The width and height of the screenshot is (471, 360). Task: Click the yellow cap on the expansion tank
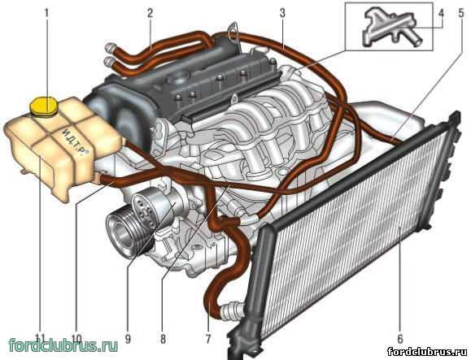point(44,106)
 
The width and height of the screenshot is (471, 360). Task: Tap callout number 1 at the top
point(46,13)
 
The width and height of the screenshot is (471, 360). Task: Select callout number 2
point(150,13)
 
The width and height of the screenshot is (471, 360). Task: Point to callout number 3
point(282,13)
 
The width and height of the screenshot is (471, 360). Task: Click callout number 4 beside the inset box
point(441,13)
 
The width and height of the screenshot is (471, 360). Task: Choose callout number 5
point(461,13)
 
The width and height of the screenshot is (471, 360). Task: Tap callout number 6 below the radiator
point(399,339)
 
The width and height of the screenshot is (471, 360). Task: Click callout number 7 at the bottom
point(208,339)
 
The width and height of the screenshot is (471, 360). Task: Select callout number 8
point(163,339)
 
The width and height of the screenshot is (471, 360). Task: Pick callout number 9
point(128,339)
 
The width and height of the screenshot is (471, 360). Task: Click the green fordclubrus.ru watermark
point(63,345)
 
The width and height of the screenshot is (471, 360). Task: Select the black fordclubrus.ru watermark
point(427,351)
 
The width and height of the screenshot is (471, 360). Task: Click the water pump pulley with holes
point(146,210)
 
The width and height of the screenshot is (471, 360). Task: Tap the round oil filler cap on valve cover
point(179,79)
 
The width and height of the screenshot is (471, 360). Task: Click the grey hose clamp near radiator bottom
point(231,309)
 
